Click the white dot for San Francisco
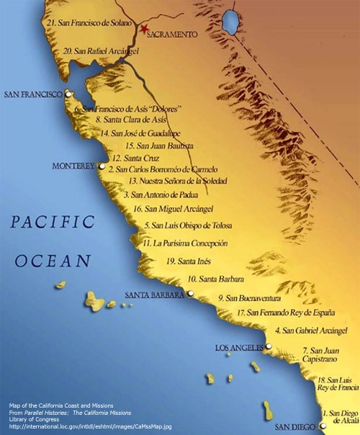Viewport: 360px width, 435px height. (x=68, y=94)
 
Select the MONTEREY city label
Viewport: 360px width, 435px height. (x=73, y=166)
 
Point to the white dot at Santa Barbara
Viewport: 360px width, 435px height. (x=191, y=293)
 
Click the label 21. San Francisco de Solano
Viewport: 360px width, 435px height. (x=89, y=23)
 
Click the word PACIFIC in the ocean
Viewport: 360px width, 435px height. (x=53, y=222)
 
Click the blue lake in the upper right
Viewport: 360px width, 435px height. (x=230, y=22)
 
